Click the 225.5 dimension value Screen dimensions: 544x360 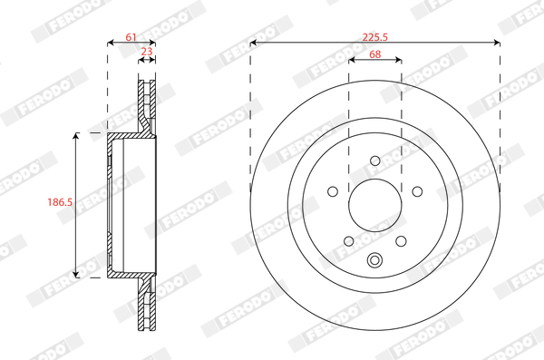pyautogui.click(x=374, y=37)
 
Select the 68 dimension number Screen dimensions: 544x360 pyautogui.click(x=375, y=54)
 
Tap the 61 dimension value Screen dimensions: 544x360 pyautogui.click(x=131, y=37)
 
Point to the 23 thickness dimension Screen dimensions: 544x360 pyautogui.click(x=147, y=52)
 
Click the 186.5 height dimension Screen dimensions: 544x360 pyautogui.click(x=60, y=201)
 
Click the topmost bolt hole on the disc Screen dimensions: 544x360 pyautogui.click(x=375, y=161)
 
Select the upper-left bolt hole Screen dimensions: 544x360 pyautogui.click(x=333, y=191)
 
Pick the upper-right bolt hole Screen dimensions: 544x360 pyautogui.click(x=417, y=191)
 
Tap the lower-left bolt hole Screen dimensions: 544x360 pyautogui.click(x=349, y=241)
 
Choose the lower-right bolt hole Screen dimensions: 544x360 pyautogui.click(x=401, y=241)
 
